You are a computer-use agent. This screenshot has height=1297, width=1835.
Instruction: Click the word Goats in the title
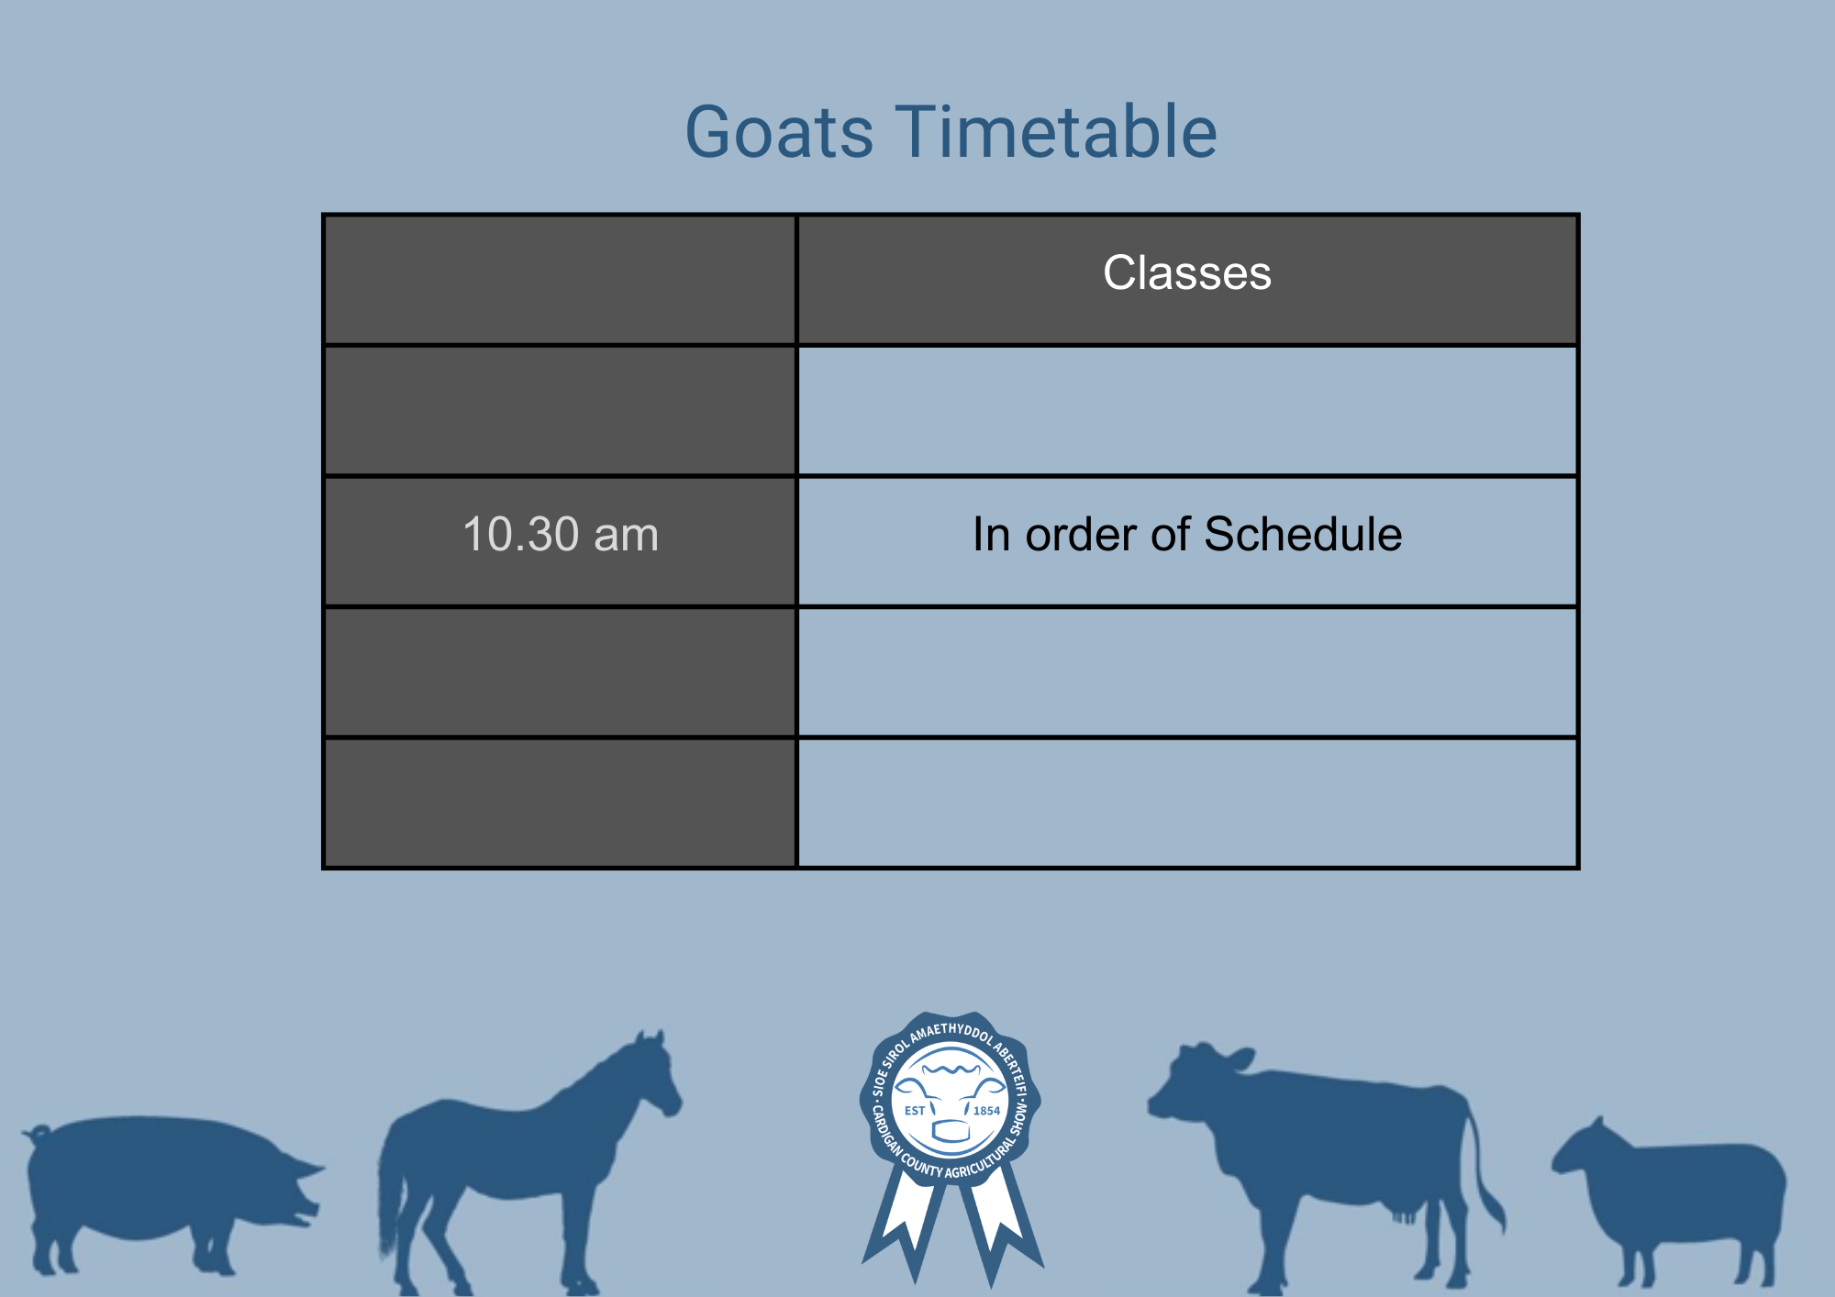[x=780, y=132]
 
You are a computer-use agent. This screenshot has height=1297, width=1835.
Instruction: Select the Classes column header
[x=1187, y=272]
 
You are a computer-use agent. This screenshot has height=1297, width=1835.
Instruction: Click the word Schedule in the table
[x=1303, y=534]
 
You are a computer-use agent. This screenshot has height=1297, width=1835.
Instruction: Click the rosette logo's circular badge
[x=951, y=1098]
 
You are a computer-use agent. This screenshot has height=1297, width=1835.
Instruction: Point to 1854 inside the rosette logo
[x=986, y=1111]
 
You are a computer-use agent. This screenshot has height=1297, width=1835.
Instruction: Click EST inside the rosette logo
[x=915, y=1111]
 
